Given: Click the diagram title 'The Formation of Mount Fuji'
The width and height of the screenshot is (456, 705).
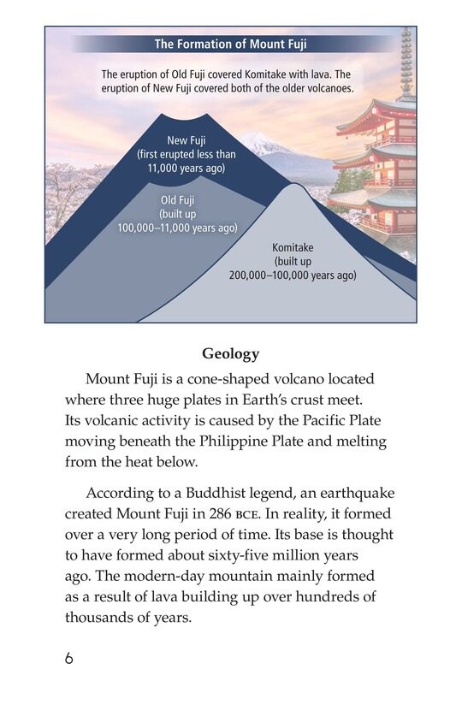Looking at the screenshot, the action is [x=229, y=44].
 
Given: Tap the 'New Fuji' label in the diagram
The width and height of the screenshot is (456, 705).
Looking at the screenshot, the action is [x=187, y=140].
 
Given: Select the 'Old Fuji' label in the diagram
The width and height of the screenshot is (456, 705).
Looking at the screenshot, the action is [x=177, y=200].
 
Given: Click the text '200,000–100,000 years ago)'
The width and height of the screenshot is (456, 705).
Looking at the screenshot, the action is [x=293, y=275].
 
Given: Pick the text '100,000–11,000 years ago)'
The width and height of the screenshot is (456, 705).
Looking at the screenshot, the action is [x=177, y=228].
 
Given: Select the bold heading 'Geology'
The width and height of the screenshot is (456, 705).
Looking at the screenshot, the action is [x=230, y=353].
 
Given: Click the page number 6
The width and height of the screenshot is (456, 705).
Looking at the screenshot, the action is [x=68, y=658].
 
